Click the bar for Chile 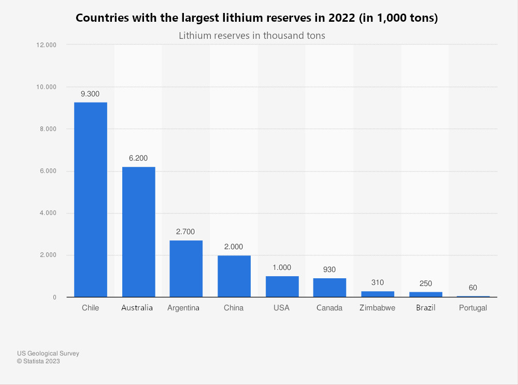click(x=91, y=199)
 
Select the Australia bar click(x=138, y=232)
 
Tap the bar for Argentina click(x=186, y=268)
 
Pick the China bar click(x=234, y=276)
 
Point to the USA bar click(x=282, y=287)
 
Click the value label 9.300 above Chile click(x=90, y=94)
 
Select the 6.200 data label click(x=138, y=158)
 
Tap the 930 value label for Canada click(x=329, y=269)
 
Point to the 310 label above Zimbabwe click(x=378, y=282)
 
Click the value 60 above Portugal click(x=473, y=288)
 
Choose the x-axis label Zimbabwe click(x=378, y=308)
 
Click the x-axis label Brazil click(x=425, y=308)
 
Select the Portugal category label click(x=473, y=308)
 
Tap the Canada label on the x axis click(x=329, y=308)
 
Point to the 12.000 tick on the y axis click(x=46, y=45)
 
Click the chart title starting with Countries click(x=257, y=18)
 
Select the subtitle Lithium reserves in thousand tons click(x=252, y=36)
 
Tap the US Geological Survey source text click(x=48, y=353)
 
